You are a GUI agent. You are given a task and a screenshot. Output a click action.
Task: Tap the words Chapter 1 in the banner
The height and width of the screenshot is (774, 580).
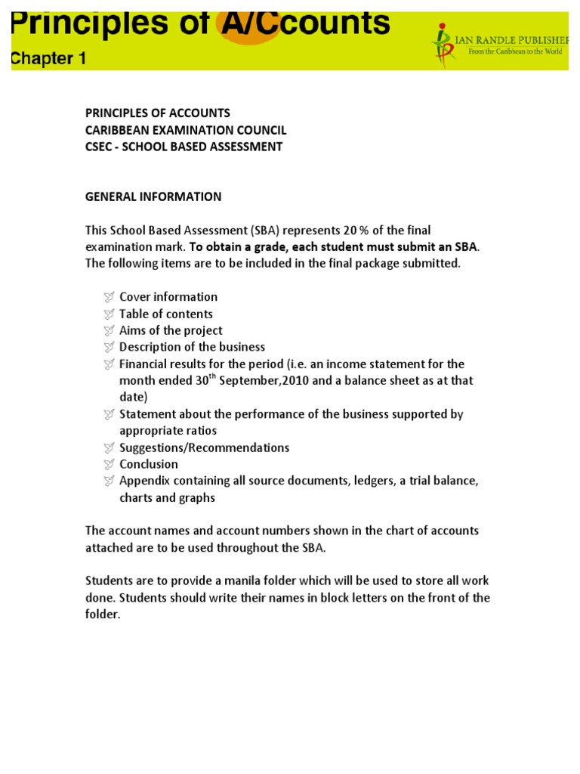(48, 58)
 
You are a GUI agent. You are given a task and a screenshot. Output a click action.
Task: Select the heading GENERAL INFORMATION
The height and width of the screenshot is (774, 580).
(153, 197)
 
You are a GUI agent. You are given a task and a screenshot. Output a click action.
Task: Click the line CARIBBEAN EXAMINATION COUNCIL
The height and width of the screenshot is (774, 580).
(186, 130)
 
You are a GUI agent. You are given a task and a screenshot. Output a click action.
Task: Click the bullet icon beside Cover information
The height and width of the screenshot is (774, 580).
(109, 297)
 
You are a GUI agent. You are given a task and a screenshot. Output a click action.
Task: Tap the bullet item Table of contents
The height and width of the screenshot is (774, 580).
(166, 314)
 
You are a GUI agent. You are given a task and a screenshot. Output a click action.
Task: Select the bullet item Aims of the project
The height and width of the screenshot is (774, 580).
(171, 330)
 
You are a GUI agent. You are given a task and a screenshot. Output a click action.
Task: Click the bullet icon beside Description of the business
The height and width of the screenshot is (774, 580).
(109, 347)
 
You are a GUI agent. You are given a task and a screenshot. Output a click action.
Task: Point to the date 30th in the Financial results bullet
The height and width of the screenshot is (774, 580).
(204, 379)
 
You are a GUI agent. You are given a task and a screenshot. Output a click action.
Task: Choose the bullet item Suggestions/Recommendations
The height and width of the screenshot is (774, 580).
(204, 447)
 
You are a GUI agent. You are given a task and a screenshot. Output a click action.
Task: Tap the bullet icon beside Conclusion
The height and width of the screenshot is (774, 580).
(109, 464)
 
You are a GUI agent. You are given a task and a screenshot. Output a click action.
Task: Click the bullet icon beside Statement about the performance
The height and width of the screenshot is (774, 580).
(109, 414)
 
